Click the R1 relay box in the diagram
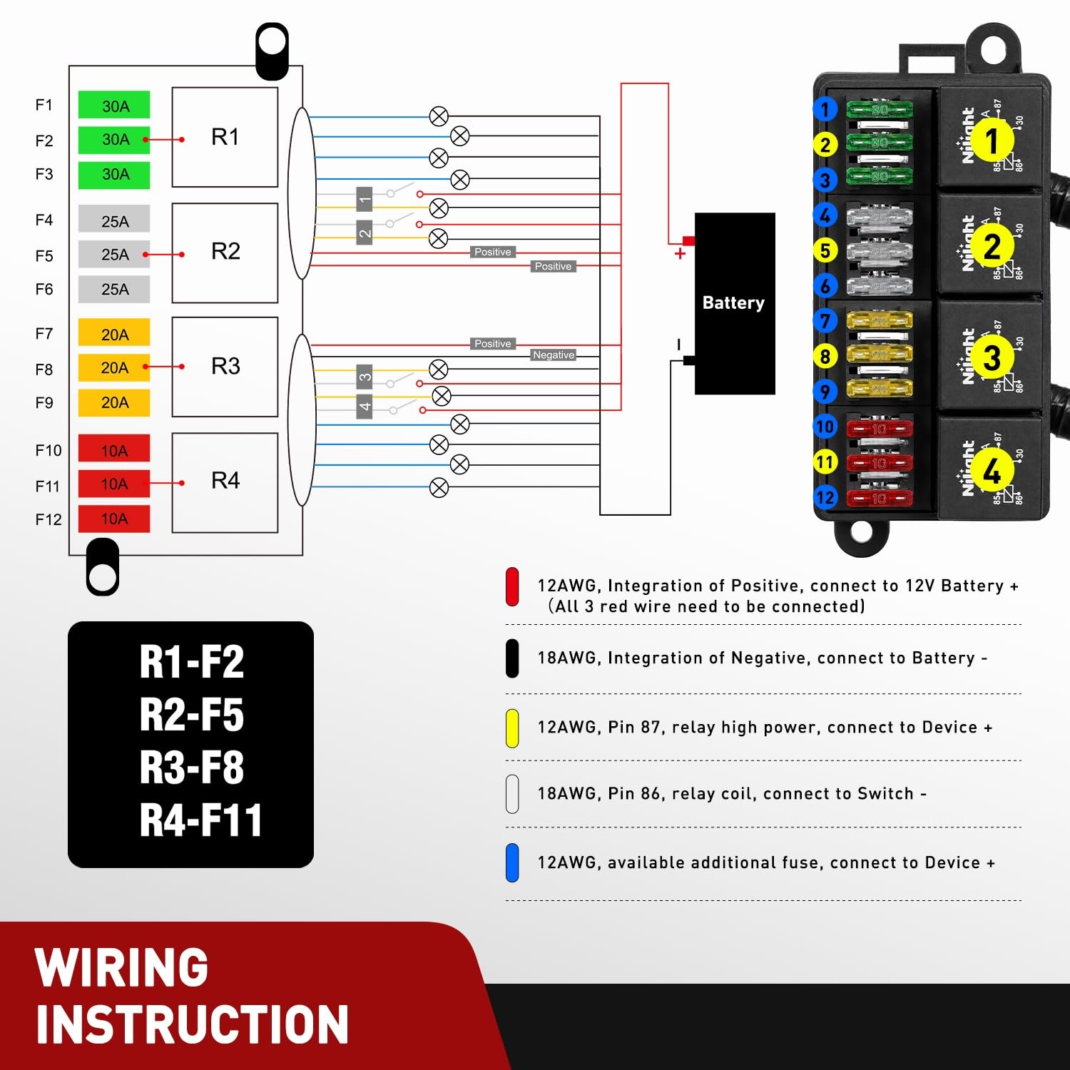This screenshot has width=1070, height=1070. tap(225, 137)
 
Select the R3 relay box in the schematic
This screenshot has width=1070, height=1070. tap(225, 367)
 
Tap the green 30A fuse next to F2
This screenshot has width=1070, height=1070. tap(114, 140)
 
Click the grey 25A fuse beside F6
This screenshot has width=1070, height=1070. tap(114, 289)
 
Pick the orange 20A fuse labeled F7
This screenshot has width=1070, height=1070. tap(114, 334)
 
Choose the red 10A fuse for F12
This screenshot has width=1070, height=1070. tap(114, 519)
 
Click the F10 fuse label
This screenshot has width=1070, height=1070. tap(49, 450)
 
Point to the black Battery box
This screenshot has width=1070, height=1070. tap(735, 303)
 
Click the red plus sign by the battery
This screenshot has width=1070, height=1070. tap(680, 253)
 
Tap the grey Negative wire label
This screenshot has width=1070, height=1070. tap(554, 355)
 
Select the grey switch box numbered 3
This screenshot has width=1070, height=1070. tap(365, 377)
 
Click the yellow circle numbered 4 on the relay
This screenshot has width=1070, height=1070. tap(992, 471)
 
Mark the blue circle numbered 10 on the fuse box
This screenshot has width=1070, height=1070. tap(825, 427)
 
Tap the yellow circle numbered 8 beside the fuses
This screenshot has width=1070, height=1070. tap(825, 356)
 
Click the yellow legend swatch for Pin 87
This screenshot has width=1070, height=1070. tap(512, 728)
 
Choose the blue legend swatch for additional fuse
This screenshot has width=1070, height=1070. tap(512, 862)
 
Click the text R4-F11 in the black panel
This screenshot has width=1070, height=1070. tap(200, 820)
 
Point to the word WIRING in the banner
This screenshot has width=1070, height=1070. tap(121, 967)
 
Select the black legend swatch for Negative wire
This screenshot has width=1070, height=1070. tap(512, 658)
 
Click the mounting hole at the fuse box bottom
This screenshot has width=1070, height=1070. tap(861, 531)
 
